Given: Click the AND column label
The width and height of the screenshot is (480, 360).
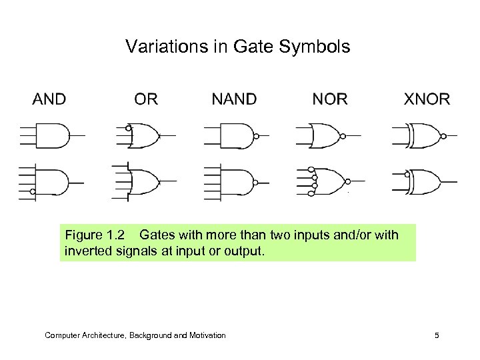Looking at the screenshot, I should [x=49, y=100].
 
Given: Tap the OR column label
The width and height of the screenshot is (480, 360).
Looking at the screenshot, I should [x=146, y=100].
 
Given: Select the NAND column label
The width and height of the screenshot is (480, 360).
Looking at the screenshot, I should [x=233, y=100].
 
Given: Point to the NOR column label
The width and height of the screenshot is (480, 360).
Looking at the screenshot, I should [x=330, y=100].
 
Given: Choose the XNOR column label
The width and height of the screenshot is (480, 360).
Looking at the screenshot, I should [x=427, y=100].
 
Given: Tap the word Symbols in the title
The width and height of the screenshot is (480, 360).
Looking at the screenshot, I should [x=321, y=48].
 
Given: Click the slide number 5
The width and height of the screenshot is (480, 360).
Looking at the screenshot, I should [x=436, y=335].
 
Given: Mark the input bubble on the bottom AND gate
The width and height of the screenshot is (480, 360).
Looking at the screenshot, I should [x=32, y=192].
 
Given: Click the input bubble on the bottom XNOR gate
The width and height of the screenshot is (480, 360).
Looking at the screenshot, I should [x=406, y=174].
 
